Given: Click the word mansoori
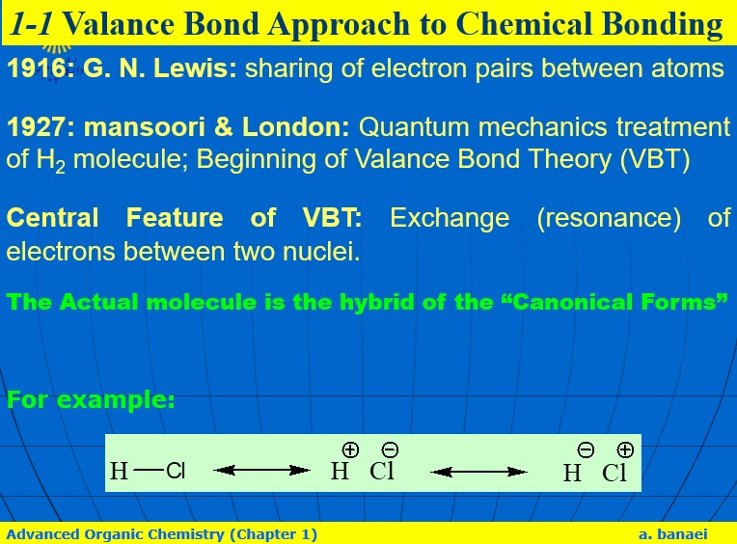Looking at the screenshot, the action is click(145, 127).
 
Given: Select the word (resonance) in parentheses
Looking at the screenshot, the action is click(609, 218).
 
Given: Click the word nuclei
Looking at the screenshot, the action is click(321, 251).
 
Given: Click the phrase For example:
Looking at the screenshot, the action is click(91, 400).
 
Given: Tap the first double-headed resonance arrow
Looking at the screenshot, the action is click(261, 471).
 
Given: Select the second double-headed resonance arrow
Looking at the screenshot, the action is click(478, 472).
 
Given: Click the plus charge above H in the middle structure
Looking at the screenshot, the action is click(350, 450).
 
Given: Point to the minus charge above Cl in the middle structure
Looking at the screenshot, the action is click(390, 450).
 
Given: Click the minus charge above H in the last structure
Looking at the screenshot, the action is click(586, 450).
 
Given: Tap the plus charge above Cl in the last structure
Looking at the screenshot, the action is click(625, 450).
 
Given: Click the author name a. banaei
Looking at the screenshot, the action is click(673, 534).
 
